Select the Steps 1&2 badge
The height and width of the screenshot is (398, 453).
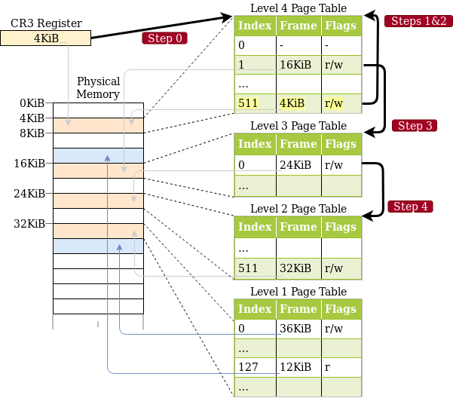click(418, 21)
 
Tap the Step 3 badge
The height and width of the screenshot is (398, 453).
click(415, 126)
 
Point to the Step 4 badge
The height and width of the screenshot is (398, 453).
click(411, 207)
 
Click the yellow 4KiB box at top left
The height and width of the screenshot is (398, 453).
click(45, 38)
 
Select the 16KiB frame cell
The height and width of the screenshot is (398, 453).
click(298, 65)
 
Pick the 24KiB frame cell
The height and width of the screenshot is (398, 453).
click(298, 165)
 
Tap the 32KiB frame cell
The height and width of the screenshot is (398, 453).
click(298, 268)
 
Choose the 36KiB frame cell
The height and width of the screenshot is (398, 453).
click(298, 329)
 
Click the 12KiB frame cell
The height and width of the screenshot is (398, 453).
click(298, 368)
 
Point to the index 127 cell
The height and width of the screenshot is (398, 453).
click(255, 368)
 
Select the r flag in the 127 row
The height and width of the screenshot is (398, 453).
click(341, 368)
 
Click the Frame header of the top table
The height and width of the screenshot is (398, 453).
click(298, 26)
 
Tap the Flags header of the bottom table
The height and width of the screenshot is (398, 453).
click(341, 309)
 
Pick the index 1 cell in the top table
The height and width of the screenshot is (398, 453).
click(255, 65)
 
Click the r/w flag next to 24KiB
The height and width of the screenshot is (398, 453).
click(341, 165)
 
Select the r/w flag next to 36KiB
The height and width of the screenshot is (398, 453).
click(341, 329)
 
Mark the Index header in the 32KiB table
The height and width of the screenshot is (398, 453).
click(255, 227)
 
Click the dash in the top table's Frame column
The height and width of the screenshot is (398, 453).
click(298, 45)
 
